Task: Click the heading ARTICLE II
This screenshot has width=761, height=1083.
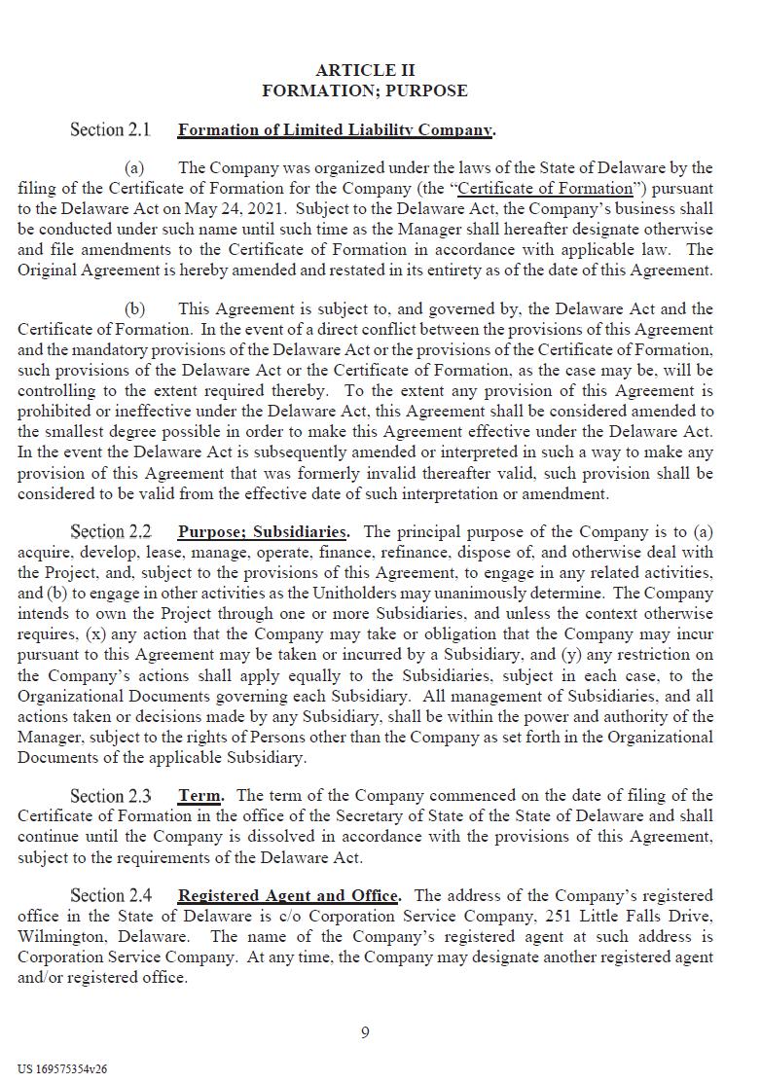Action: pos(365,70)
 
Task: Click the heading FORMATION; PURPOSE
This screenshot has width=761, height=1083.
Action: pos(365,90)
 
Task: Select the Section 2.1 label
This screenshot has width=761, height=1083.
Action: pos(111,129)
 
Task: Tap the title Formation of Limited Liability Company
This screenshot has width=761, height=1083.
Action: pos(336,129)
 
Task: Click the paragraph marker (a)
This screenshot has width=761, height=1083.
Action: pos(134,167)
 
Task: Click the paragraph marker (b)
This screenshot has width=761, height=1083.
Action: pos(134,308)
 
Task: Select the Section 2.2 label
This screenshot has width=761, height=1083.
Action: pos(111,532)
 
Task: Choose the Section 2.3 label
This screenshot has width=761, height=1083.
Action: pos(111,795)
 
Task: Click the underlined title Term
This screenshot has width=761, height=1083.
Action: pos(199,795)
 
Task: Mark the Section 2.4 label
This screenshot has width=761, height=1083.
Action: pos(111,895)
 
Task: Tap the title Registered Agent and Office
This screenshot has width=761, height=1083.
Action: pos(288,895)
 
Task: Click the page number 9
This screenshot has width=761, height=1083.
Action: pos(365,1032)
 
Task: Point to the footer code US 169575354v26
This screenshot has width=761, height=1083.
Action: pos(62,1068)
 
